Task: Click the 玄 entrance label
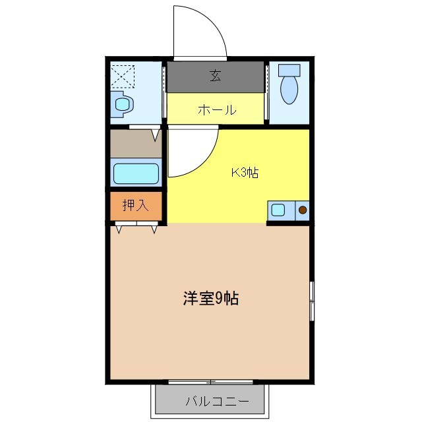[216, 76]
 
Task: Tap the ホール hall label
[217, 110]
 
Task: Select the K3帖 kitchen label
[244, 173]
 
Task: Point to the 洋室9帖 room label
[210, 299]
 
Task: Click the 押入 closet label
[136, 205]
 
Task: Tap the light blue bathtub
[136, 173]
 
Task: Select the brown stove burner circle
[303, 211]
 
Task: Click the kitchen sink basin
[278, 211]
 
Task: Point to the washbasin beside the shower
[123, 104]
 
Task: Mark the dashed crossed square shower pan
[122, 76]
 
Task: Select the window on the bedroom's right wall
[312, 301]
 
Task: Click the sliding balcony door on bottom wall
[210, 382]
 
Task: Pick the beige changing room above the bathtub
[136, 144]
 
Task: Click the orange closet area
[136, 205]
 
